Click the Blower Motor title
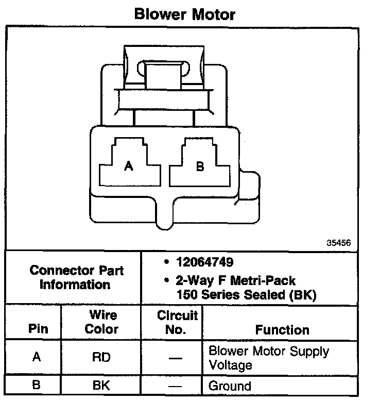click(184, 14)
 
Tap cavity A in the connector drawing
click(129, 165)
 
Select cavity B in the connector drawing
click(200, 165)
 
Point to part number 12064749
click(200, 262)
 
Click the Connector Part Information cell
click(76, 277)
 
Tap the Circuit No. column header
click(177, 322)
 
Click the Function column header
click(282, 329)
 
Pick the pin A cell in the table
click(36, 357)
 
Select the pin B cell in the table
click(36, 385)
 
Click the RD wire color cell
click(101, 357)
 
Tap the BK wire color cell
click(101, 385)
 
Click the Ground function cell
click(230, 386)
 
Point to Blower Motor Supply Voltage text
click(268, 358)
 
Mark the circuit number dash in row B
click(176, 386)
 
